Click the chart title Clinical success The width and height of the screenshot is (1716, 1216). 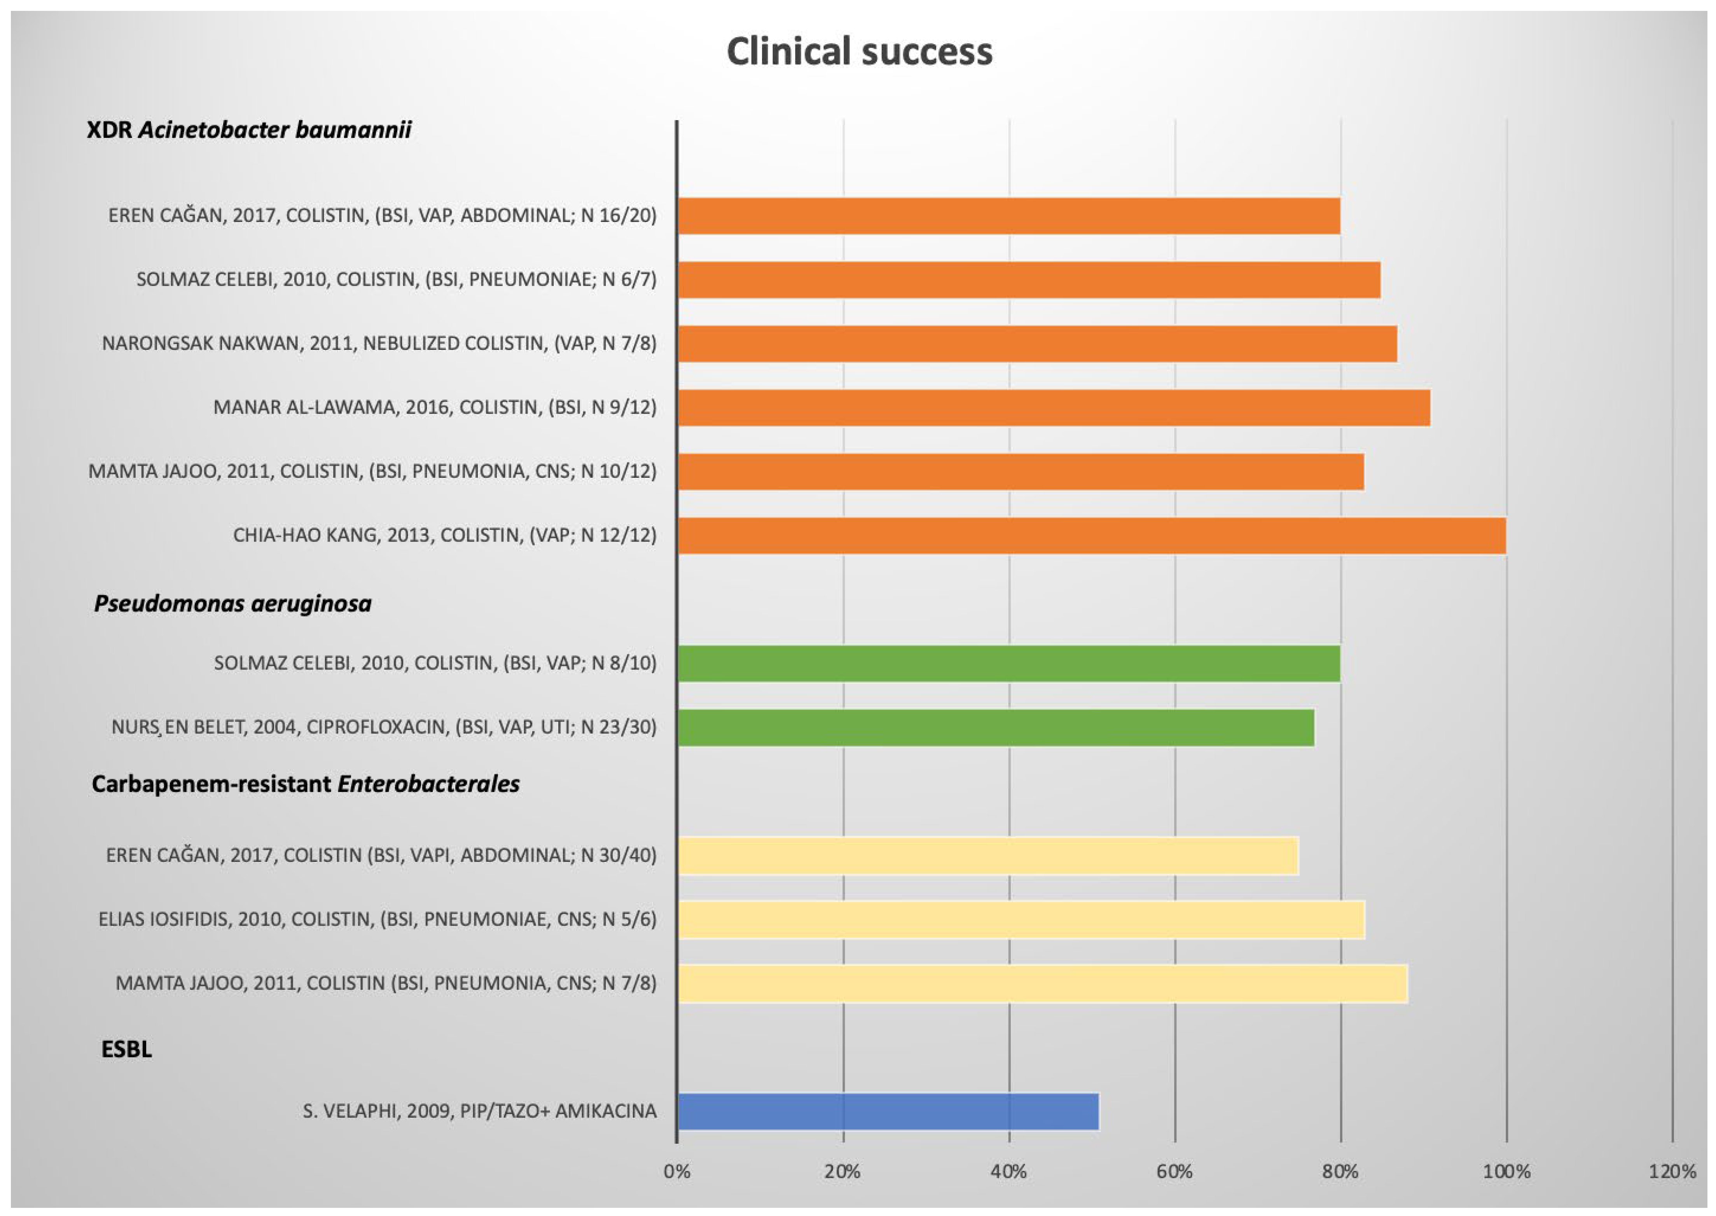859,52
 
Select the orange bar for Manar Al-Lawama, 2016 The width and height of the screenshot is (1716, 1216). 1054,407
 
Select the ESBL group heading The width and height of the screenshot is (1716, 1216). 126,1049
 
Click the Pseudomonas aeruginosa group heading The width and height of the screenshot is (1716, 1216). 233,603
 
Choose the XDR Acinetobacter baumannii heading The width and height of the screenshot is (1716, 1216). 249,129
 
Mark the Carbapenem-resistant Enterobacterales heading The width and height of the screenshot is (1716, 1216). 306,784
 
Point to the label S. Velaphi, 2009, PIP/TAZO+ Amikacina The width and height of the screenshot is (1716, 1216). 479,1111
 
